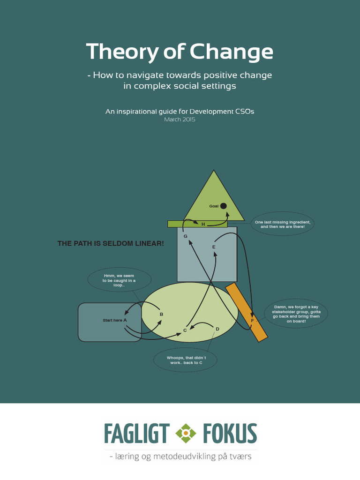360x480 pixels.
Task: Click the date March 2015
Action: point(180,120)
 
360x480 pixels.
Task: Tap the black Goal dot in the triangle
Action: point(224,206)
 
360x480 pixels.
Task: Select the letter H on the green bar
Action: point(203,225)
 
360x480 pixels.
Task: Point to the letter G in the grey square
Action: point(186,236)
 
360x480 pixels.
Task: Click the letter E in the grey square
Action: point(214,247)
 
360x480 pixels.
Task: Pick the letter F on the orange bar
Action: point(252,321)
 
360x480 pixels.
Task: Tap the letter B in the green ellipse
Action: point(161,314)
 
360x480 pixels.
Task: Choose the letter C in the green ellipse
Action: point(185,330)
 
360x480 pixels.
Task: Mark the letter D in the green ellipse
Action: point(217,329)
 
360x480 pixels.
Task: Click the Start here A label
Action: point(115,320)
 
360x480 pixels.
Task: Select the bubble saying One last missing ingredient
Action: point(283,224)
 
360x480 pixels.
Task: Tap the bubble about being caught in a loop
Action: point(120,280)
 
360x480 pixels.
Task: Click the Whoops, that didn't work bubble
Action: point(185,360)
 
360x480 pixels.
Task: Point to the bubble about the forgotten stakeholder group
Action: point(296,314)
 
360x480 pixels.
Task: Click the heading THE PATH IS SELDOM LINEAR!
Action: point(111,244)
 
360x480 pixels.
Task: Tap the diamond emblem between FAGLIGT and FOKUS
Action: point(186,434)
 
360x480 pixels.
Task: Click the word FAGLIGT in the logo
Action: point(136,434)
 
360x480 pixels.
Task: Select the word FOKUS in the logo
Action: point(230,434)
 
